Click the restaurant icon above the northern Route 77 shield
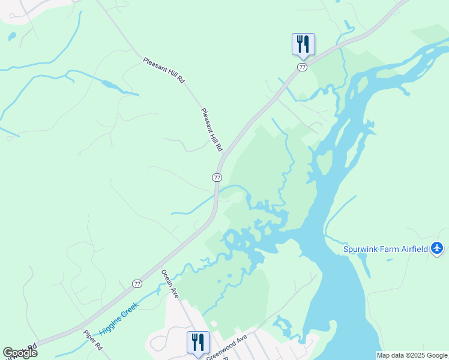pyautogui.click(x=303, y=43)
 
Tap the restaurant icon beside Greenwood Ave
pyautogui.click(x=198, y=341)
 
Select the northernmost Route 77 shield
pyautogui.click(x=302, y=67)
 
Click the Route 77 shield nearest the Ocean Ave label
pyautogui.click(x=137, y=283)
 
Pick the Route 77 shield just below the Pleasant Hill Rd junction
pyautogui.click(x=217, y=178)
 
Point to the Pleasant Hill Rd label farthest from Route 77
pyautogui.click(x=164, y=71)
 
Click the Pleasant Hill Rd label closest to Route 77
pyautogui.click(x=212, y=129)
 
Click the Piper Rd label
pyautogui.click(x=93, y=340)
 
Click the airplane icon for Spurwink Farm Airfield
pyautogui.click(x=437, y=248)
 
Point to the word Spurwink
pyautogui.click(x=362, y=249)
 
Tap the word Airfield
pyautogui.click(x=414, y=249)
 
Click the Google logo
pyautogui.click(x=19, y=353)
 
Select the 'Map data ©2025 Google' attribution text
pyautogui.click(x=412, y=355)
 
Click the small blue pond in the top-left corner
pyautogui.click(x=12, y=37)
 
